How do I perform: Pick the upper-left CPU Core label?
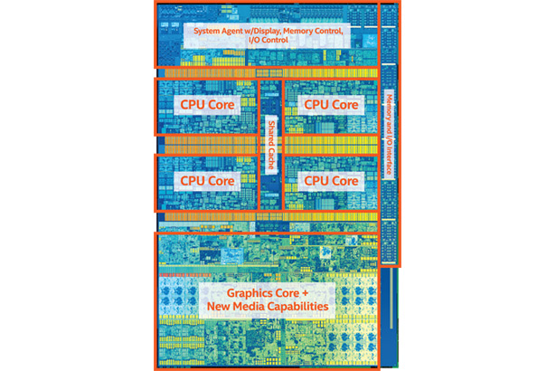(x=207, y=104)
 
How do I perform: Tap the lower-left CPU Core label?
(x=207, y=180)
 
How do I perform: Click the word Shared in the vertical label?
(x=269, y=131)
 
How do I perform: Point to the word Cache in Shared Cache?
(x=269, y=159)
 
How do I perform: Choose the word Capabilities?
(x=305, y=308)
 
